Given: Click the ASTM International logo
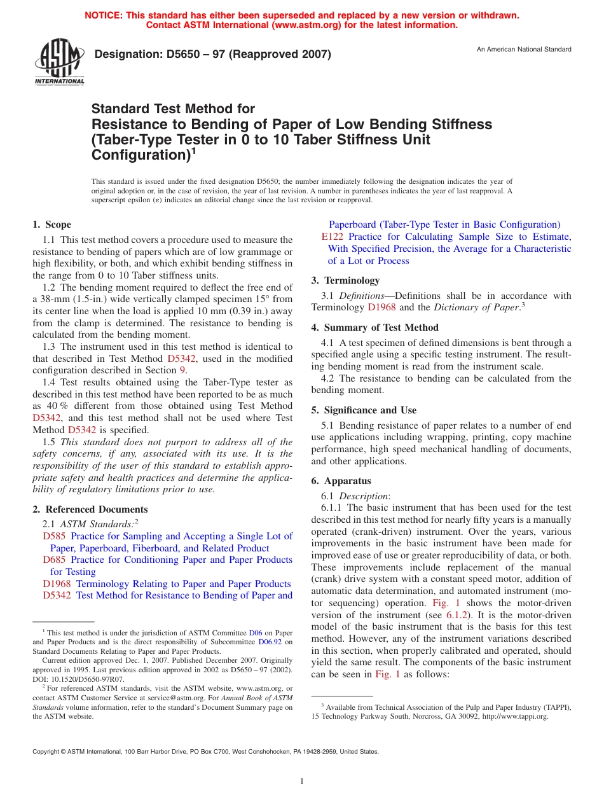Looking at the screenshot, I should tap(59, 62).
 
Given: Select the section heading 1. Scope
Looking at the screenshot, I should tap(51, 225).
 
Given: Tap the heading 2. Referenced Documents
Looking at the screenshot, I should tap(90, 509).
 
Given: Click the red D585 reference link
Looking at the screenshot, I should tap(54, 536).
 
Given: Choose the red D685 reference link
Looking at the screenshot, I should tap(54, 560).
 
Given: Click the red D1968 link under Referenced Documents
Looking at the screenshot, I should tap(57, 584).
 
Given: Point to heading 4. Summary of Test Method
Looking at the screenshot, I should tap(374, 328).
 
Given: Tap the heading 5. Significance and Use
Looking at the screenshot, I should tap(364, 410).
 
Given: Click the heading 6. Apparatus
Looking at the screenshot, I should tap(341, 481).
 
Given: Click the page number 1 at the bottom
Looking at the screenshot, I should tap(302, 782).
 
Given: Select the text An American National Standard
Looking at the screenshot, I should tap(524, 50).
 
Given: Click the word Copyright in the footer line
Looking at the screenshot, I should tap(46, 751).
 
